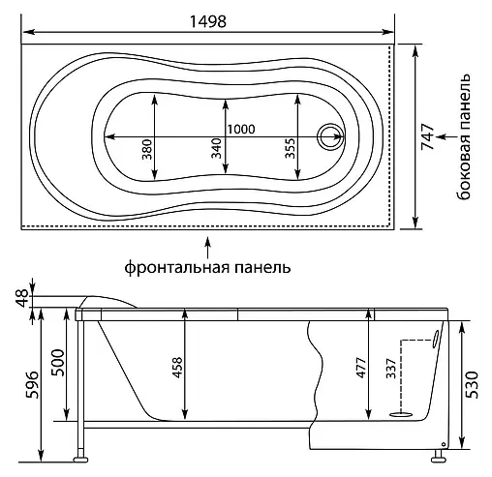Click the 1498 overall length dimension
coord(208,22)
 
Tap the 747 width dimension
coord(428,136)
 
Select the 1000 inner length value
coord(241,130)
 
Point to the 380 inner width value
coord(147,149)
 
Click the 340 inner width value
coord(217,148)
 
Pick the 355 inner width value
coord(291,148)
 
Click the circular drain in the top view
coord(329,136)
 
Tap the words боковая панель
coord(463,136)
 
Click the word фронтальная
coord(177,267)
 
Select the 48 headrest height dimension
coord(24,299)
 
